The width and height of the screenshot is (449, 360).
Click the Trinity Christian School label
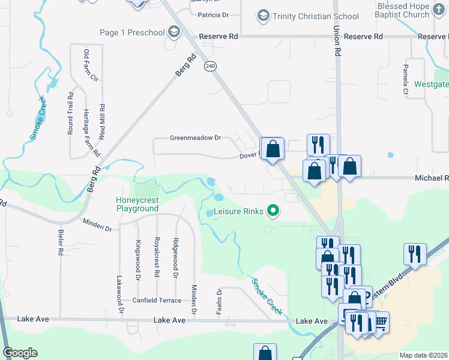316,16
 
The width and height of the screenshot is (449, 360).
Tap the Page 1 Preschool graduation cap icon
174,32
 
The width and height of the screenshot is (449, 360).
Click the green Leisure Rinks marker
273,211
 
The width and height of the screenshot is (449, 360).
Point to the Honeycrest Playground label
137,204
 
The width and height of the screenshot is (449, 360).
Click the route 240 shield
209,65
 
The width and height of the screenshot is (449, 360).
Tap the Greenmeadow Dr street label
195,138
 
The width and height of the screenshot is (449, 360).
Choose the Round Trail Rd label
70,112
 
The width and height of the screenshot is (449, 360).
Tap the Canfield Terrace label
156,300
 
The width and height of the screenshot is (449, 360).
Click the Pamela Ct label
406,79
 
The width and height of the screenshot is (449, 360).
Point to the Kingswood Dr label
137,260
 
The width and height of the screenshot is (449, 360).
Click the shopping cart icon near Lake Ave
379,322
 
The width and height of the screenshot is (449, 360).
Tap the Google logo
20,353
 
